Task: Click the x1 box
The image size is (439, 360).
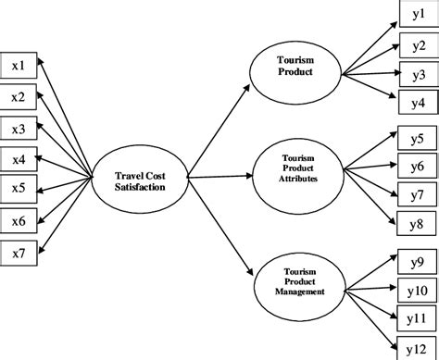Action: [19, 65]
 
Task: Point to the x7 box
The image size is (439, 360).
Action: [19, 251]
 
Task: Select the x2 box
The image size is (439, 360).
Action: [19, 95]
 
